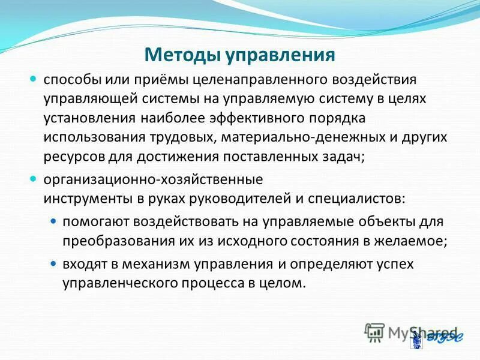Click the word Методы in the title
pos(182,55)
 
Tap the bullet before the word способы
pos(34,79)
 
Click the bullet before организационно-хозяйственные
pos(34,179)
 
